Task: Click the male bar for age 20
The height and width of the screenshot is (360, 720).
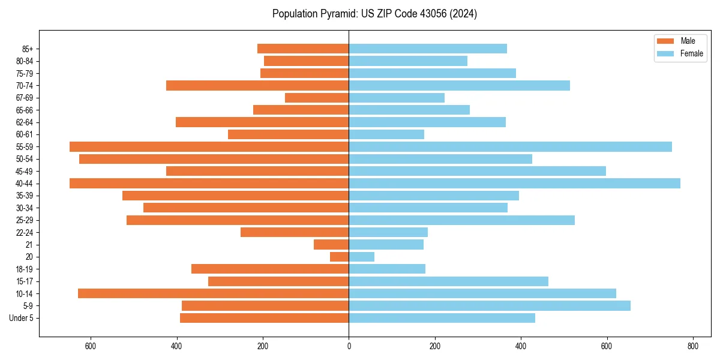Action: (340, 257)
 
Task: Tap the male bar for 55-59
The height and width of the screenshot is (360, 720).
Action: (209, 146)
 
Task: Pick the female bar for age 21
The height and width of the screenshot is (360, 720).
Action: (386, 245)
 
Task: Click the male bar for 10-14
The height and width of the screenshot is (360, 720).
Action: (214, 293)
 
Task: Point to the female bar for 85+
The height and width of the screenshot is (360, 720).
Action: (428, 49)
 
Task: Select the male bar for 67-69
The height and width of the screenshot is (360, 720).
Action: (317, 98)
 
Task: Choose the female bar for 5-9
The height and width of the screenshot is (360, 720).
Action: (490, 306)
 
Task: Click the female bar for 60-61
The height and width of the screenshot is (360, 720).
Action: (386, 134)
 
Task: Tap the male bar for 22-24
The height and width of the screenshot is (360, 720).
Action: (295, 232)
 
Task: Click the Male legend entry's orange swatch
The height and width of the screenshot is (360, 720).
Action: (665, 41)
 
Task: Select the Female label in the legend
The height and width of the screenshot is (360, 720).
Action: (692, 53)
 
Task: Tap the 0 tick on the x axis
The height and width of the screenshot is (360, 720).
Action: (349, 346)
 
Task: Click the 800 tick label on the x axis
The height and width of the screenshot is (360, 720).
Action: (693, 346)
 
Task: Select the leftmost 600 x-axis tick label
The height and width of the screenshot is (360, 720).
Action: (91, 346)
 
